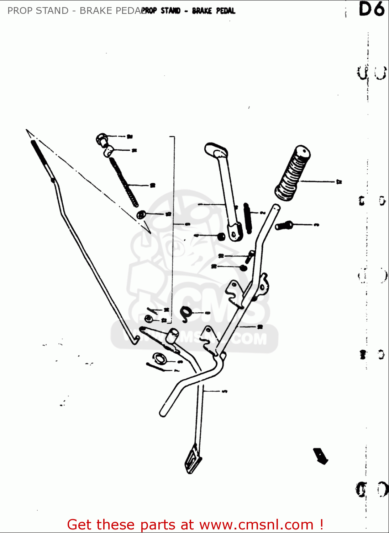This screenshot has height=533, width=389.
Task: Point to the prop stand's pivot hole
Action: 234,233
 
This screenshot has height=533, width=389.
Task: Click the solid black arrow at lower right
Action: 320,456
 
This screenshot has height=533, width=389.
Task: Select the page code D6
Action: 372,10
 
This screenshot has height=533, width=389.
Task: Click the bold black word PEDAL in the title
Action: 226,11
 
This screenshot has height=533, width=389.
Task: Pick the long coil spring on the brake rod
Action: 123,182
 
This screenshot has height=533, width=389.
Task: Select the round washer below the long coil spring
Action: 141,215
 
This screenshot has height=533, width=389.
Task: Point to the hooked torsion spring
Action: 186,313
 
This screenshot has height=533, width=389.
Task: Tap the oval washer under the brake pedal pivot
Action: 160,358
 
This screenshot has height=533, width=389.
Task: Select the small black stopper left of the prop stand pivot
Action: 221,236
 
